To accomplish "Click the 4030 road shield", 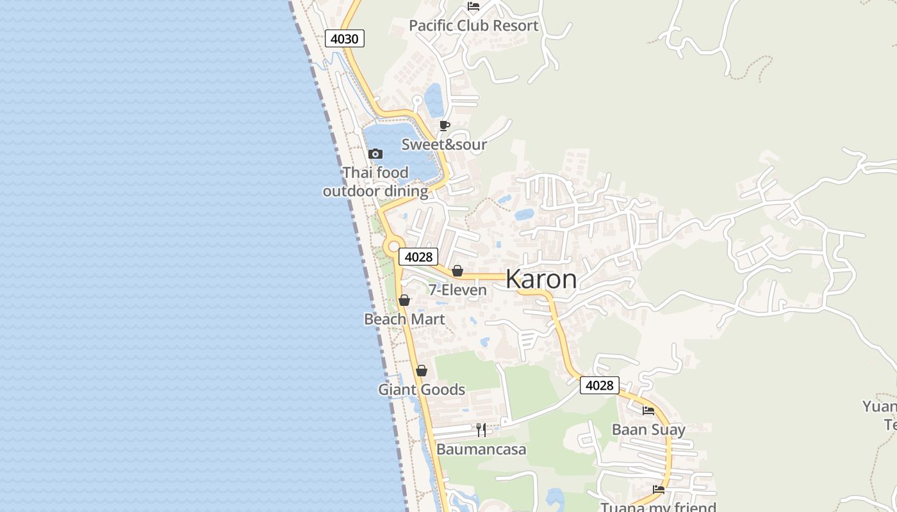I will tap(345, 38).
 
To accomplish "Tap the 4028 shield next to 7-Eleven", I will tap(418, 257).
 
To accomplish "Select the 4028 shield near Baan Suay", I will tap(600, 385).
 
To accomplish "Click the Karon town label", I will tap(541, 280).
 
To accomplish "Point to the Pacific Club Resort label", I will tap(473, 26).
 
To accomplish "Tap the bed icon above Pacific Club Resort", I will tap(473, 6).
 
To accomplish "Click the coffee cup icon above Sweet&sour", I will tap(444, 125).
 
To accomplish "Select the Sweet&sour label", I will tap(444, 145).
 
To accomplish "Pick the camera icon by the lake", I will tap(375, 154).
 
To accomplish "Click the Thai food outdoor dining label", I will tap(375, 182).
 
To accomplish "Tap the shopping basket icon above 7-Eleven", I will tap(457, 271).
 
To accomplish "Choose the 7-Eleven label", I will tap(457, 290).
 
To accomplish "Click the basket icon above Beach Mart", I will tap(404, 300).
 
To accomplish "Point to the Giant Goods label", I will tap(422, 389).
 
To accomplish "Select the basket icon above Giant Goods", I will tap(422, 371).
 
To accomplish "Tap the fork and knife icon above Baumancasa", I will tap(481, 429).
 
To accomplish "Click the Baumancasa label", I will tap(481, 449).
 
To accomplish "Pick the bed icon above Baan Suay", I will tap(648, 411).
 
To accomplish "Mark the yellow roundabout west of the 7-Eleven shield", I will tap(393, 246).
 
